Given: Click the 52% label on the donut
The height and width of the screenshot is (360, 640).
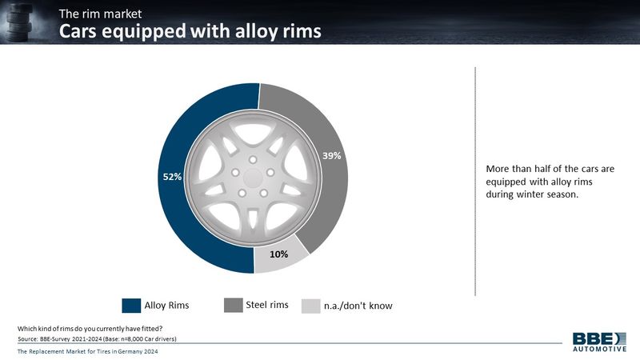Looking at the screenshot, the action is coord(172,177).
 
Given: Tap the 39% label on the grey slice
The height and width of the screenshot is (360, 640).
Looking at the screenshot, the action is coord(331,155).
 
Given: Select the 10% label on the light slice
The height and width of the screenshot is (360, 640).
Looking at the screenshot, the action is coord(278,254).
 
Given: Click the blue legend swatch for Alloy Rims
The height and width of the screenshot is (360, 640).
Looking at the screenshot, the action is coord(131,306).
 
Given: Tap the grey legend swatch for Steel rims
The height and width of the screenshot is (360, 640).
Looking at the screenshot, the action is coord(234,305).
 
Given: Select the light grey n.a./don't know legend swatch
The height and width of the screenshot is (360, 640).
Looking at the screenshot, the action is coord(311,306).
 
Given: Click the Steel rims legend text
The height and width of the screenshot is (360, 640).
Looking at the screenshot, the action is coord(267,305).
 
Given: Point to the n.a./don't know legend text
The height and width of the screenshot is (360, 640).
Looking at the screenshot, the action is coord(358,306).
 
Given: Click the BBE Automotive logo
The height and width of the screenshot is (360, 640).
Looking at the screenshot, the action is coord(599,342).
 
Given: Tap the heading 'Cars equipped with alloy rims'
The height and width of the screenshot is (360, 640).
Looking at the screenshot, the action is coord(190,31).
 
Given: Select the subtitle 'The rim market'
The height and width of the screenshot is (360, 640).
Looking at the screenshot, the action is coord(100,14).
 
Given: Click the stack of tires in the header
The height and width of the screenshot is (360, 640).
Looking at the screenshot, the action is coord(19,22).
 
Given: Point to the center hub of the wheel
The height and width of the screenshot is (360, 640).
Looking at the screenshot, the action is coord(253,178).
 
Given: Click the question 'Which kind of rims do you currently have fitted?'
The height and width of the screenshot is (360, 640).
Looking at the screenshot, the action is coord(90,329).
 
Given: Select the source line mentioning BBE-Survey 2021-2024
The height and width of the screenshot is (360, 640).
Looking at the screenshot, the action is coord(97,338).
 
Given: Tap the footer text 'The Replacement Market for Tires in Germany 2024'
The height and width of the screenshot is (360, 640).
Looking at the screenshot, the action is coord(87,351).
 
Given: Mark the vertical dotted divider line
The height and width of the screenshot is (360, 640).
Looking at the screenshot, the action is coord(475,182).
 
